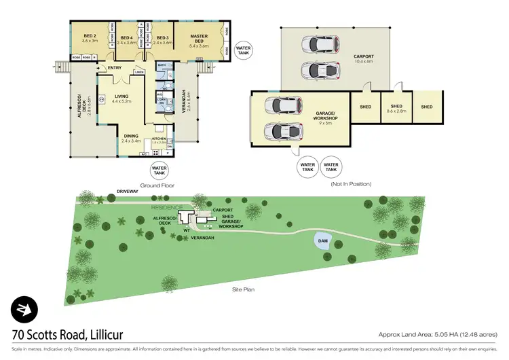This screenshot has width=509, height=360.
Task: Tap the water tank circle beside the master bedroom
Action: pos(243,50)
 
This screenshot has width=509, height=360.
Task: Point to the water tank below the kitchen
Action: pos(159,170)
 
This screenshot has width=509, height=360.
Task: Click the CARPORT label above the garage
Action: pos(364,56)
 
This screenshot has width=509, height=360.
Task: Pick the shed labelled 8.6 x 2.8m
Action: pos(396,107)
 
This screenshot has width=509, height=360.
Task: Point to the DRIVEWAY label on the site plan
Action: pos(127,191)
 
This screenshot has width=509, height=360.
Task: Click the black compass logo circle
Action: pos(24,310)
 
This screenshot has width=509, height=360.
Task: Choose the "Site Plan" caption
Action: pos(242,288)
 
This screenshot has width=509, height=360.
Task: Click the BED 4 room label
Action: pos(126,39)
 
